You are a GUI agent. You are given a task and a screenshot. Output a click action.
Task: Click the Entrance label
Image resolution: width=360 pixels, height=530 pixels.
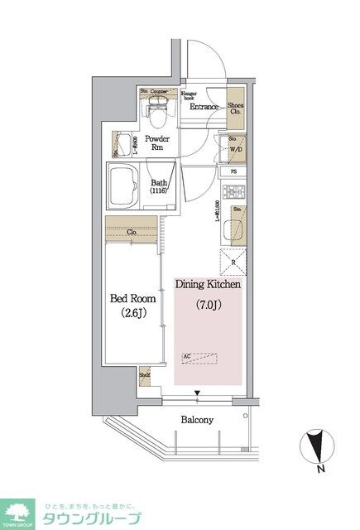(203, 107)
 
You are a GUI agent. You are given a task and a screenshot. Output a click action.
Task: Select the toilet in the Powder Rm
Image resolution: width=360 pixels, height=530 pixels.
(156, 106)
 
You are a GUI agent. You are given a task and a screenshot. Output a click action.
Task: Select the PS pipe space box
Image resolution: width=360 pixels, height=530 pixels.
(235, 172)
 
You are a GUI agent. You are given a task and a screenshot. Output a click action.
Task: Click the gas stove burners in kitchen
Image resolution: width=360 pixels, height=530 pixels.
(233, 193)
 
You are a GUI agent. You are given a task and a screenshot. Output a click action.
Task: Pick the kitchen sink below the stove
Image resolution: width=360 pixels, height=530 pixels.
(233, 228)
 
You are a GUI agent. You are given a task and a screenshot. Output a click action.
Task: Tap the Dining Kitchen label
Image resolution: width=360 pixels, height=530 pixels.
(208, 284)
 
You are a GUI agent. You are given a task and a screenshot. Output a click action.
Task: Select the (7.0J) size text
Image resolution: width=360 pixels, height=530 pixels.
(207, 306)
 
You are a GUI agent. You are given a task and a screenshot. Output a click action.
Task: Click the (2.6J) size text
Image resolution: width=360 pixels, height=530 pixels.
(132, 315)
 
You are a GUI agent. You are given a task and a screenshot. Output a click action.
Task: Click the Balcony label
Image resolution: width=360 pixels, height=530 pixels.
(197, 420)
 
